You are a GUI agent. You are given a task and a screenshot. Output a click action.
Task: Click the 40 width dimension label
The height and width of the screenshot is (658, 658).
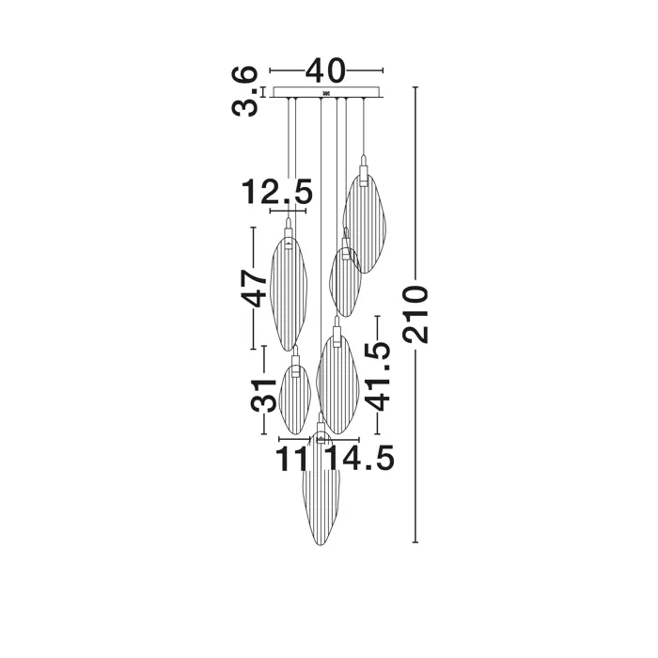pos(325,70)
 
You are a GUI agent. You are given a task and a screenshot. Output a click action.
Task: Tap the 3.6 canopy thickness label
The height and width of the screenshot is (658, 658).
pos(243,90)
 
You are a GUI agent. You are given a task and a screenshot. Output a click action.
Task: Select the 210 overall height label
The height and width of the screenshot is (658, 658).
pos(415,314)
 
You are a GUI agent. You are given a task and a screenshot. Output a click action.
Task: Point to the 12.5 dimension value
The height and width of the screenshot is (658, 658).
pos(277,192)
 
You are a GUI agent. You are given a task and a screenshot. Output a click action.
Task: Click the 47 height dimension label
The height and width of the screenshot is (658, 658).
pos(254,288)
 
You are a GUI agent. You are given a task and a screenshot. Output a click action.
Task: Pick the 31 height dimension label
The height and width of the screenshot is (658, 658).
pos(264,395)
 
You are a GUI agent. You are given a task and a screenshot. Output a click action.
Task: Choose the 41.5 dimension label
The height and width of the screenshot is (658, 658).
pos(377,375)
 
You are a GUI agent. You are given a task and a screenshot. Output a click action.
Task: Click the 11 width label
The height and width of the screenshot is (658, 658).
pos(292,458)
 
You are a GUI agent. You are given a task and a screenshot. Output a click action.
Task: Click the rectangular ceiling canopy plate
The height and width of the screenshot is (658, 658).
pos(326,92)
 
